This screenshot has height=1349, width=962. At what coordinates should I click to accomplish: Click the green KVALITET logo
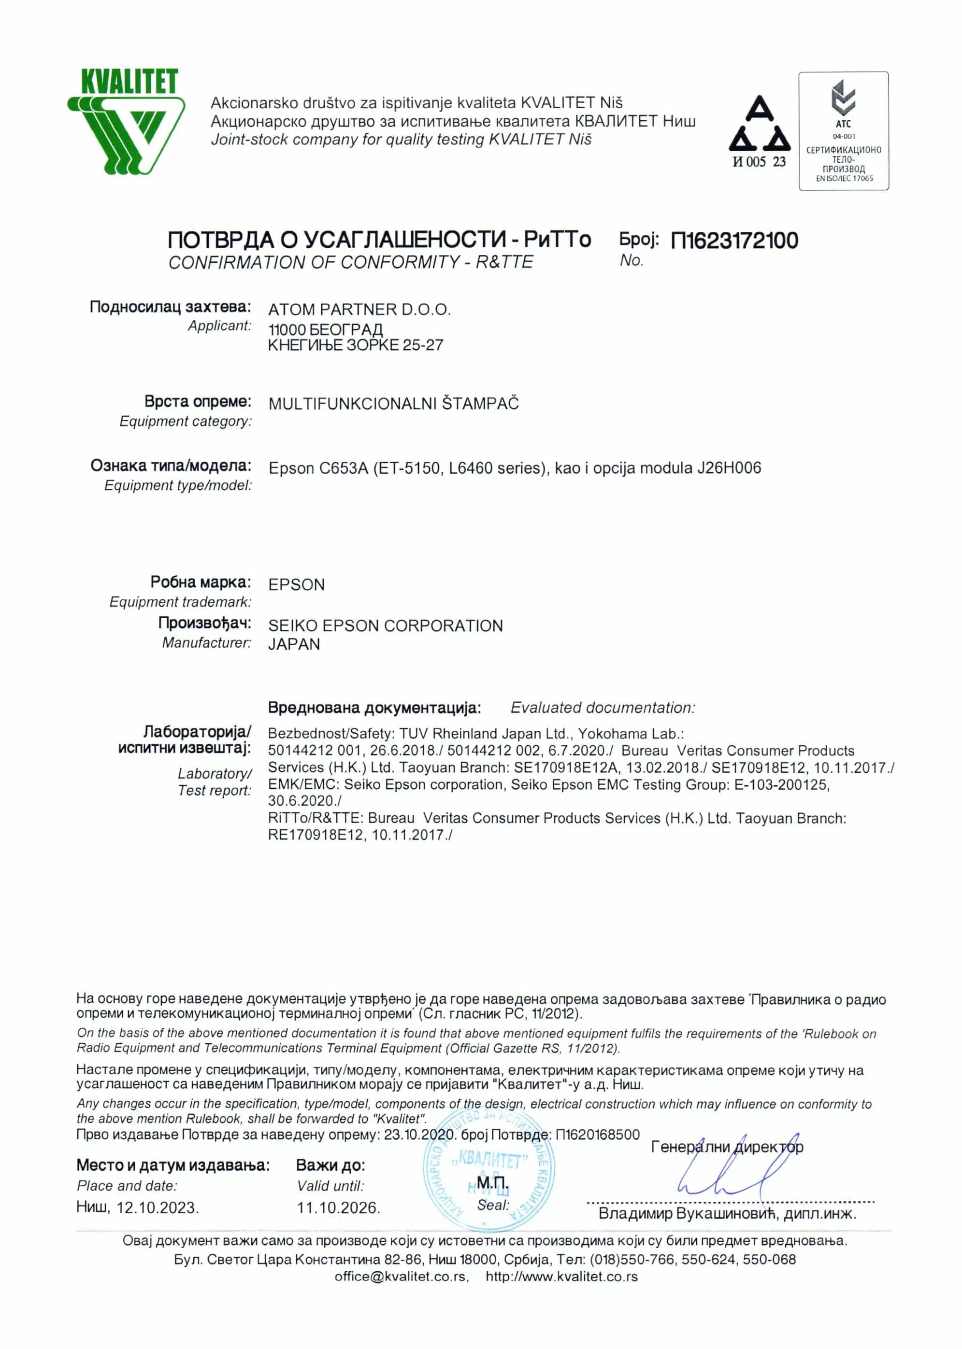[x=126, y=121]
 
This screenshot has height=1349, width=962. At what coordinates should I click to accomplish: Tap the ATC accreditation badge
[x=843, y=131]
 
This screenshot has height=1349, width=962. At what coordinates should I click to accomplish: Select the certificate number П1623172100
[x=734, y=241]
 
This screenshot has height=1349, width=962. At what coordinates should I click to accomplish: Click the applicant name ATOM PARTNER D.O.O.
[x=359, y=310]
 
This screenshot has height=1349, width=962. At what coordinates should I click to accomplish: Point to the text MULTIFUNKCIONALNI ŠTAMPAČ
[x=393, y=404]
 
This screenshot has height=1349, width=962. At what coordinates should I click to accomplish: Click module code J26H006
[x=729, y=469]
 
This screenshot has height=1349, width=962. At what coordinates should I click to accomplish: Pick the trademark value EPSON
[x=296, y=585]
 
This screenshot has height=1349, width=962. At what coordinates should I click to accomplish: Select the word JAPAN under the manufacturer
[x=294, y=644]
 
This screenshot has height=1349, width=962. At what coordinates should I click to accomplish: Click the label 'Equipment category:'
[x=186, y=422]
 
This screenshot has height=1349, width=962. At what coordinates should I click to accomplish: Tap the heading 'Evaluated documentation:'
[x=603, y=708]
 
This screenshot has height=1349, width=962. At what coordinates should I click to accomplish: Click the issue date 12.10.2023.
[x=157, y=1208]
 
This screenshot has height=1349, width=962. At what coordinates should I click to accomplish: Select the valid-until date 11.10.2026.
[x=338, y=1208]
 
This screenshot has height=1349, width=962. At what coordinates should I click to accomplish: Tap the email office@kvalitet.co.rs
[x=401, y=1277]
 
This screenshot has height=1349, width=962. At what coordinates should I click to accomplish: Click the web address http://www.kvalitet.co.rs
[x=561, y=1277]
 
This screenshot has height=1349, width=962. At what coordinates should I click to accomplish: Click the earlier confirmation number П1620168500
[x=598, y=1135]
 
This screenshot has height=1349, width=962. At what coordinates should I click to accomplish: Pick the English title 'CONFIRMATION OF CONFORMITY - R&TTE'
[x=351, y=262]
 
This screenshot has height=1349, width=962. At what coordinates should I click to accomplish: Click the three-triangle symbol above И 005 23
[x=760, y=124]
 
